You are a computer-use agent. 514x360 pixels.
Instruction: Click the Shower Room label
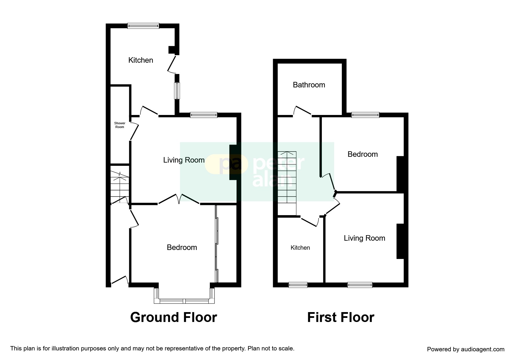120,125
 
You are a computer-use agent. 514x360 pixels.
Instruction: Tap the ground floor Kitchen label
140,60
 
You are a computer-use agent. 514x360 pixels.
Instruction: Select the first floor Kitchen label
300,248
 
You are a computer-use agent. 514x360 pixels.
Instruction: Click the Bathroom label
309,85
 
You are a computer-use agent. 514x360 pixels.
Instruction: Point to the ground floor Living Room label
184,160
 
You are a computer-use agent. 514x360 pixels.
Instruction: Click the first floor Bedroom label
362,154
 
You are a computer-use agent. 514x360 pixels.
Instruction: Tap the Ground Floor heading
174,317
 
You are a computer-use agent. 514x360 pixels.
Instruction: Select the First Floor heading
340,317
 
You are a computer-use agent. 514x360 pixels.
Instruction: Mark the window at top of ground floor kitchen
143,26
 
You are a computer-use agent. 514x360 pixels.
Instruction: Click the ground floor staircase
120,186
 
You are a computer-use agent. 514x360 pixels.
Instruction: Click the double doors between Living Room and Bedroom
179,199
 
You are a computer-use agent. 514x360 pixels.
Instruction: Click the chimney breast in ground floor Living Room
233,162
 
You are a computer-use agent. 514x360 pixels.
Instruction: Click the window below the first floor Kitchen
298,285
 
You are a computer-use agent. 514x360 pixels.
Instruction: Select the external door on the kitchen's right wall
172,64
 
